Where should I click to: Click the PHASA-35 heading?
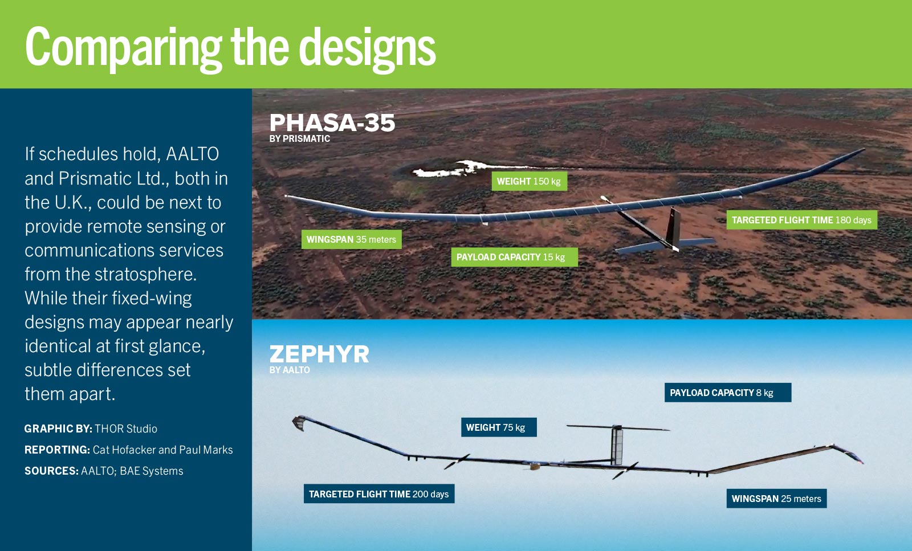click(332, 123)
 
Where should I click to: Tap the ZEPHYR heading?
click(319, 354)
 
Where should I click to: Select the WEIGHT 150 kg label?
click(529, 181)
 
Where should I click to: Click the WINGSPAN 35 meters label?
click(351, 239)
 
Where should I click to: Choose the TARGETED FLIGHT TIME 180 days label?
click(801, 220)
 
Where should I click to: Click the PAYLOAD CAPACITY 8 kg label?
click(727, 393)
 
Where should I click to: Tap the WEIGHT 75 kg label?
click(498, 427)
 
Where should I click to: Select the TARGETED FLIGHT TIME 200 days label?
click(378, 494)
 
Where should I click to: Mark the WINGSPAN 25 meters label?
click(776, 499)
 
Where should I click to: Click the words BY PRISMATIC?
click(300, 139)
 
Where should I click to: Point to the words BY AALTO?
click(290, 370)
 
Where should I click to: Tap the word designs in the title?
click(367, 48)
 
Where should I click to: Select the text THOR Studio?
click(126, 428)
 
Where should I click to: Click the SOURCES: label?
click(51, 471)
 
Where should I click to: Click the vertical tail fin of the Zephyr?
click(617, 444)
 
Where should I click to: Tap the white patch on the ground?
click(450, 169)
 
